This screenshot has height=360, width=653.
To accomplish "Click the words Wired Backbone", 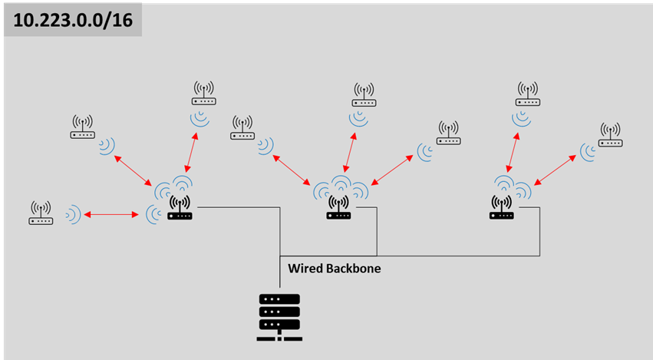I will [334, 269].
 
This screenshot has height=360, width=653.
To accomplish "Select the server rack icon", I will [279, 317].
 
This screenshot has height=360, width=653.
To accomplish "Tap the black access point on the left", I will [180, 208].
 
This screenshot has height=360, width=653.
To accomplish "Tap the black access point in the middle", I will [338, 208].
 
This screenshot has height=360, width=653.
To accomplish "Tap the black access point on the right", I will [502, 208].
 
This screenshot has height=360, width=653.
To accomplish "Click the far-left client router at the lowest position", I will [41, 213].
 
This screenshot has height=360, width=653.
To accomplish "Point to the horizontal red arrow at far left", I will [113, 214].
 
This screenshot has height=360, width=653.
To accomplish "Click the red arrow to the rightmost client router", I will [555, 168].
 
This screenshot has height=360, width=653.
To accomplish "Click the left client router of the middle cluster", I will [242, 127].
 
